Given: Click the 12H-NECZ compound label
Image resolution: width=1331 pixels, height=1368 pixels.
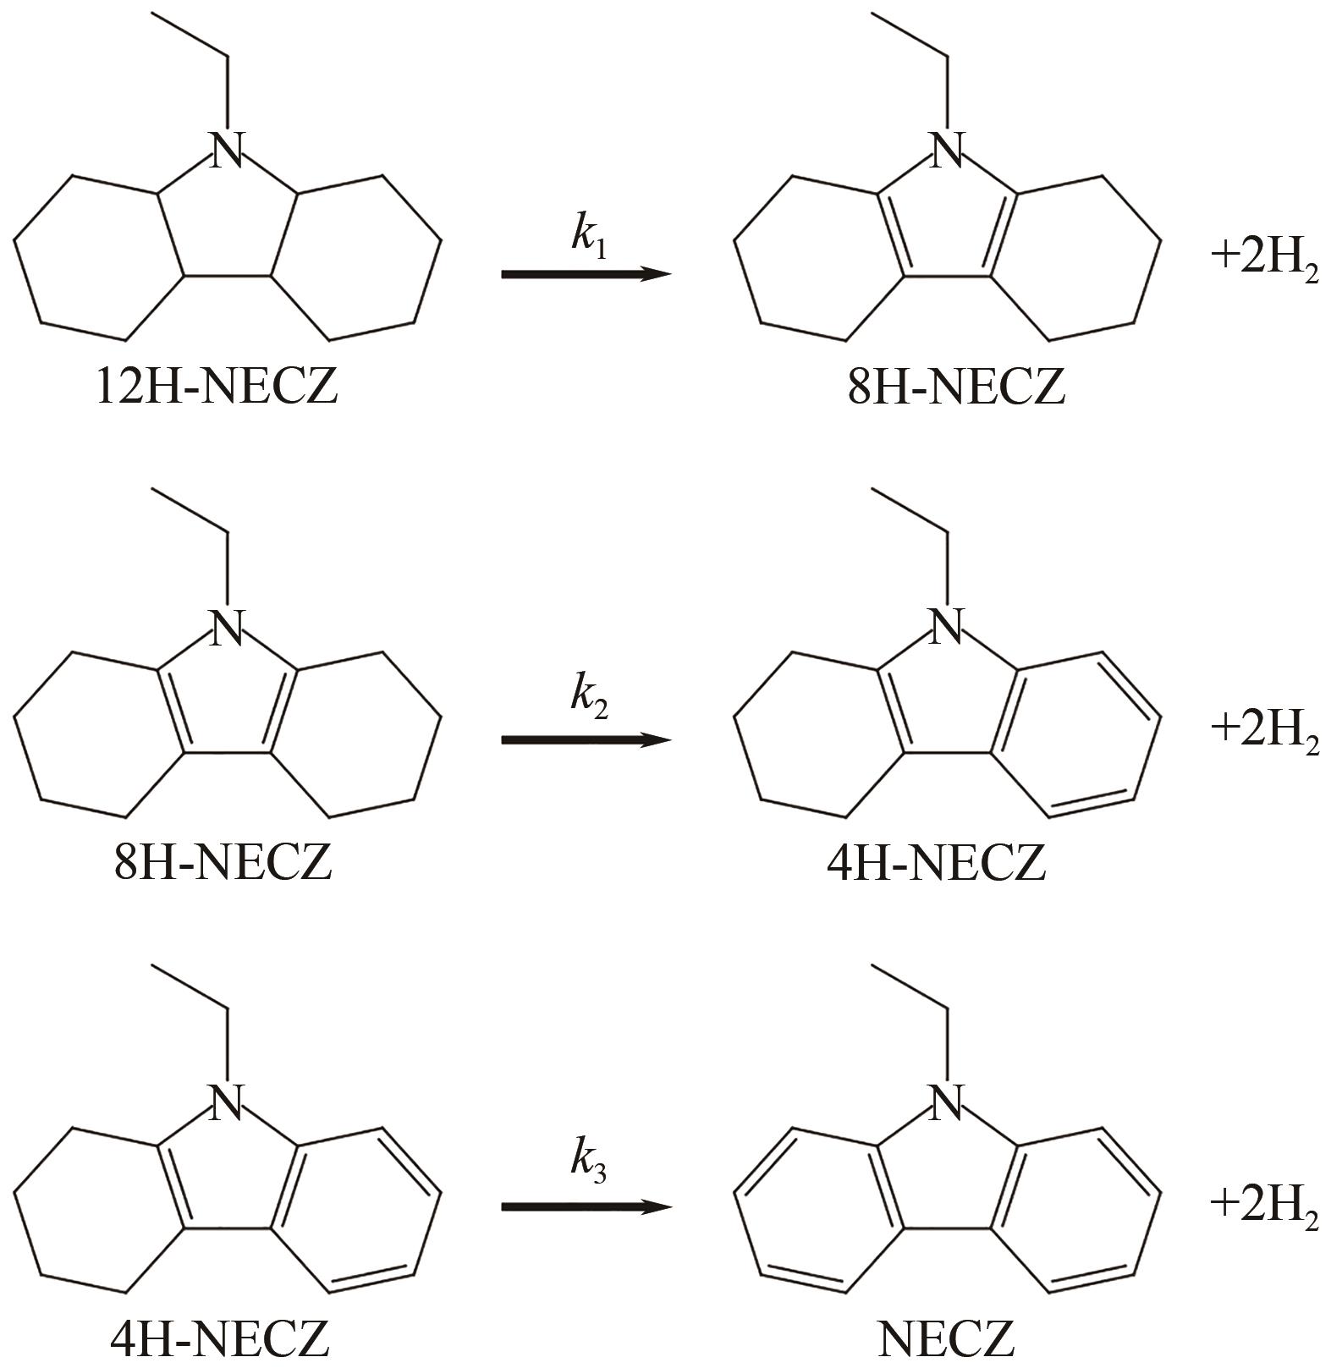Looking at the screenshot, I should coord(217,387).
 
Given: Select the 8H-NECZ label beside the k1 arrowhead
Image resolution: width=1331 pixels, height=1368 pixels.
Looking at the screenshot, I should coord(956,387).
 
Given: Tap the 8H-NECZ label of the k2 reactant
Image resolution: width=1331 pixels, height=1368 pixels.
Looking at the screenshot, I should coord(223,863).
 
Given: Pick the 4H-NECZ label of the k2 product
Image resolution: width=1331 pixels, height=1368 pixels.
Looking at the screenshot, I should coord(937,863).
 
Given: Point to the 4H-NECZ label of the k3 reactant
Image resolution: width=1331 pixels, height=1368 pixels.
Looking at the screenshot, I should coord(220,1339).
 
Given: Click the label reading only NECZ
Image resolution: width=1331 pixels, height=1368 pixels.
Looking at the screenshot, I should coord(945,1339).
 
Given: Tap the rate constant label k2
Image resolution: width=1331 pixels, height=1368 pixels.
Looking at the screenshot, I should coord(589,695).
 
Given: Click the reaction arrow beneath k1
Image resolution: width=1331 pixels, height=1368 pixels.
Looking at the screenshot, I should coord(586,274).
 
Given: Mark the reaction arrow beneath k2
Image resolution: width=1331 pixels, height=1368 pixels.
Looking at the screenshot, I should coord(586,740).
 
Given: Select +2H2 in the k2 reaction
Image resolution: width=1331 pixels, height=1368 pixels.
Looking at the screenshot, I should coord(1264,730).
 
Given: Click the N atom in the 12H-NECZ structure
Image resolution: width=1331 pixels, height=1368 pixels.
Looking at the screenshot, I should coord(226,150).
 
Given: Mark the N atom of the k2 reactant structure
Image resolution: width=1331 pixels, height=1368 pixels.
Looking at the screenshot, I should coord(226,627).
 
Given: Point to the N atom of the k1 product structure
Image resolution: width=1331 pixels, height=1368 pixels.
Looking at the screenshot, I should coord(946,150).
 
